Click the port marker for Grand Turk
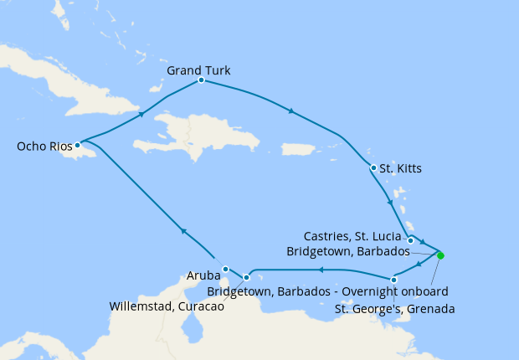pyautogui.click(x=202, y=80)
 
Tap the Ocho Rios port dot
pyautogui.click(x=78, y=145)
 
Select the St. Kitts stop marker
pyautogui.click(x=373, y=168)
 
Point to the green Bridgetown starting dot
pyautogui.click(x=440, y=255)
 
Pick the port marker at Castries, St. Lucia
pyautogui.click(x=410, y=241)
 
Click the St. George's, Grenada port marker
pyautogui.click(x=393, y=280)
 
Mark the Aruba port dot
pyautogui.click(x=226, y=270)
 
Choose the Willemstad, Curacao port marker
pyautogui.click(x=246, y=277)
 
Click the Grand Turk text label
pyautogui.click(x=198, y=70)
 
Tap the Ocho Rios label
pyautogui.click(x=45, y=147)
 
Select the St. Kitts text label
pyautogui.click(x=400, y=168)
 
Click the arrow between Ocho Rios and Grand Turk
pyautogui.click(x=141, y=113)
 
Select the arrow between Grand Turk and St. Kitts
pyautogui.click(x=290, y=111)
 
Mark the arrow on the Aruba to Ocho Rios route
pyautogui.click(x=182, y=230)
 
